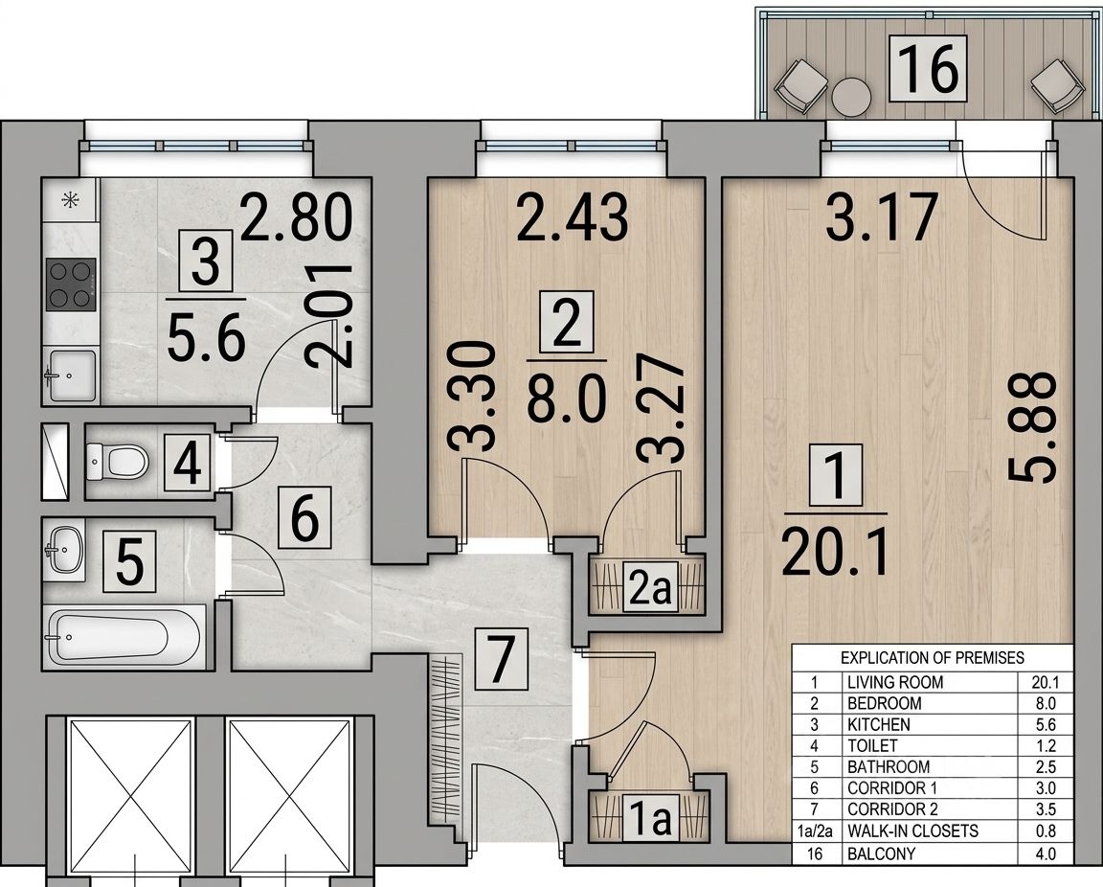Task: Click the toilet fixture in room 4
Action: tap(118, 461)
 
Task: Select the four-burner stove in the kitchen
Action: tap(70, 284)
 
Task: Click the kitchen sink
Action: tap(70, 375)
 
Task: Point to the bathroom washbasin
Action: tap(64, 550)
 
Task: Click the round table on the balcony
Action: tap(851, 96)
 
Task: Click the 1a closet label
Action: tap(649, 819)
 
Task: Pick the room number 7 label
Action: tap(501, 659)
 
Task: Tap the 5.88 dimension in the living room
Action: tap(1032, 428)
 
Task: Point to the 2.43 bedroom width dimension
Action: tap(573, 217)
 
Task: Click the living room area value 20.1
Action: tap(835, 552)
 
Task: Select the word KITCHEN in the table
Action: tap(879, 724)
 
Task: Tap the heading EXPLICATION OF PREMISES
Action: tap(933, 658)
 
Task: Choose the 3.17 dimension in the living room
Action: tap(882, 216)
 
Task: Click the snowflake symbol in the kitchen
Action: tap(70, 200)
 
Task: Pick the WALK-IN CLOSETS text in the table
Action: tap(913, 831)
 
